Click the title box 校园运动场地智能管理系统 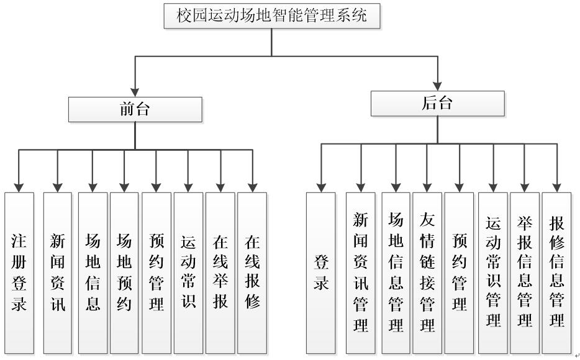[x=271, y=16]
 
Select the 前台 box [x=135, y=110]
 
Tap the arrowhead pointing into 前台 [x=135, y=92]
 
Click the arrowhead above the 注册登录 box [x=19, y=186]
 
